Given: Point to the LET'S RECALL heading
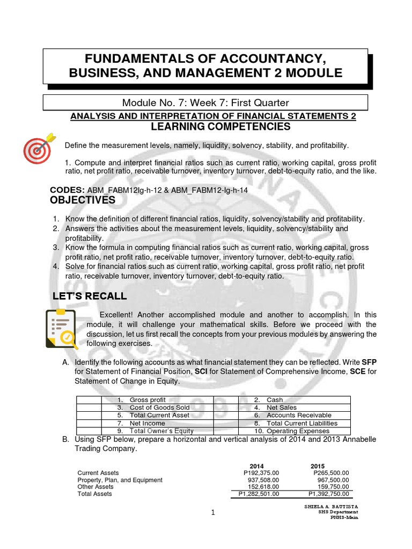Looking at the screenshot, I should click(90, 296).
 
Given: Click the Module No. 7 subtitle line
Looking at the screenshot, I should click(205, 102).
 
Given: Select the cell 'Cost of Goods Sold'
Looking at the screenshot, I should click(153, 407).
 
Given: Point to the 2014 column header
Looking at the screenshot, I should click(257, 465).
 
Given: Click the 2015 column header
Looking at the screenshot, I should click(318, 465).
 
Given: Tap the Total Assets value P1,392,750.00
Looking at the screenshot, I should click(328, 494).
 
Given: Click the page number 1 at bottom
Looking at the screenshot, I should click(213, 513).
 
